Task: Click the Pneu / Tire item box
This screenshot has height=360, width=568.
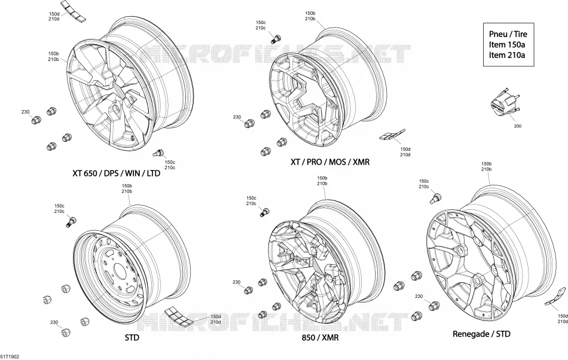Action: click(x=508, y=44)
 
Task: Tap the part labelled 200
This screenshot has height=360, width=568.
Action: click(x=505, y=102)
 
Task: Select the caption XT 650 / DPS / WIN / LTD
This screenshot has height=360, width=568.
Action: click(x=116, y=173)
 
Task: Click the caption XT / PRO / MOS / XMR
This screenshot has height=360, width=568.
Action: click(x=330, y=162)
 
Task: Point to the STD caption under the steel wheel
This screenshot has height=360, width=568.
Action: click(x=132, y=337)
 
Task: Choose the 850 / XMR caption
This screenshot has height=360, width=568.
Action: click(x=320, y=337)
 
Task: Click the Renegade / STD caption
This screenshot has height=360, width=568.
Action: click(x=481, y=334)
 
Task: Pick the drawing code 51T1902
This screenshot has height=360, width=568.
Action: click(x=10, y=357)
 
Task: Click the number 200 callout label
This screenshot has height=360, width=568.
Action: click(x=518, y=126)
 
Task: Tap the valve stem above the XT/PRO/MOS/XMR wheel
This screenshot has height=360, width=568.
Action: click(x=276, y=38)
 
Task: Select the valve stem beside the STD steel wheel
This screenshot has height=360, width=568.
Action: click(x=71, y=221)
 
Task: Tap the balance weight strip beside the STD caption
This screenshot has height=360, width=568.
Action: click(x=178, y=317)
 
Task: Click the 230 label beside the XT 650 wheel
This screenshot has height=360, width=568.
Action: click(x=25, y=112)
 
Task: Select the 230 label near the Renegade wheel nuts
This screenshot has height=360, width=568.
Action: click(x=419, y=296)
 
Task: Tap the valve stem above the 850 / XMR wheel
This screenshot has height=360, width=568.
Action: click(x=265, y=212)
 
